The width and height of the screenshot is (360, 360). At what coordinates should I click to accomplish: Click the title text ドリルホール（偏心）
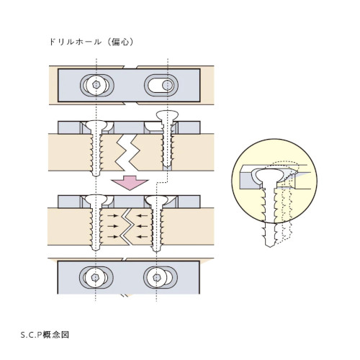pyautogui.click(x=91, y=42)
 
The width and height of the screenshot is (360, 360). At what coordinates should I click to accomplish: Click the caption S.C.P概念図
pyautogui.click(x=45, y=335)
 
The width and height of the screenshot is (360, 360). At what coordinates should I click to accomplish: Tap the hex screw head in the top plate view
pyautogui.click(x=96, y=85)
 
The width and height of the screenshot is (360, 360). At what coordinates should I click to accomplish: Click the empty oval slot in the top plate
pyautogui.click(x=161, y=85)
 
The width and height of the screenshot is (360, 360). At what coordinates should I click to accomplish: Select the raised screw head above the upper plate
pyautogui.click(x=167, y=115)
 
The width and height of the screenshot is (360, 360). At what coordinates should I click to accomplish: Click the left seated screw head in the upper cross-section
pyautogui.click(x=96, y=125)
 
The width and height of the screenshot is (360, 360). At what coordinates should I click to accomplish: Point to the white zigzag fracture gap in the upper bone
pyautogui.click(x=127, y=152)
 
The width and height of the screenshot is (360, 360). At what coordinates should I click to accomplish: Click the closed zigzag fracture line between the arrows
pyautogui.click(x=127, y=227)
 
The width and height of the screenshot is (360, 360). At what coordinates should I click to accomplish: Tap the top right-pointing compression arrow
pyautogui.click(x=112, y=216)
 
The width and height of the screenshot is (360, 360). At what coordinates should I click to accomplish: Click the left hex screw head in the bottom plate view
pyautogui.click(x=96, y=277)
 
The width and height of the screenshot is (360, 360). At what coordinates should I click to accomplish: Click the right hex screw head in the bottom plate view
pyautogui.click(x=157, y=277)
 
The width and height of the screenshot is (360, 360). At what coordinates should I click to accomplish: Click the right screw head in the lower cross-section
pyautogui.click(x=157, y=199)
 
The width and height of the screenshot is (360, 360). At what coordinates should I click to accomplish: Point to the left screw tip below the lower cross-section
pyautogui.click(x=96, y=248)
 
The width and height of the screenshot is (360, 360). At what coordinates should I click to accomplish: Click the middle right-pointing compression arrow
pyautogui.click(x=112, y=226)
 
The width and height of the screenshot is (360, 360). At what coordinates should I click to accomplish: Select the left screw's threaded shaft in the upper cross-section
pyautogui.click(x=96, y=153)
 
